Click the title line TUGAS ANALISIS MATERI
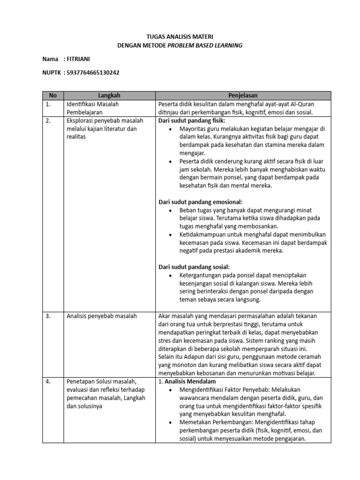tap(180, 36)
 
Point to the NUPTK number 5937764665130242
tap(93, 73)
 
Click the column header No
tap(52, 96)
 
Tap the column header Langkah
tap(109, 96)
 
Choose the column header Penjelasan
tap(243, 96)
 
